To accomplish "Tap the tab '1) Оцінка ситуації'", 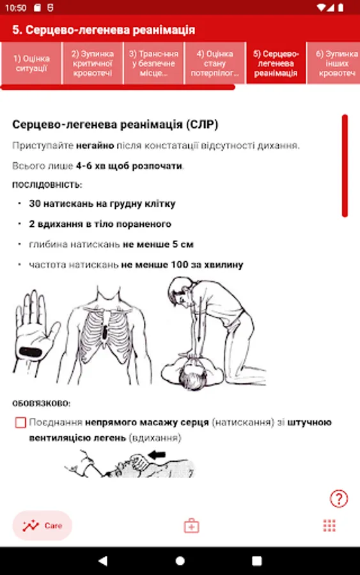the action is [x=31, y=63].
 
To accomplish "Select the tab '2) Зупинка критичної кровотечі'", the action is [x=93, y=63].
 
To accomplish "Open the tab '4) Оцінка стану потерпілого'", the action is [x=215, y=63].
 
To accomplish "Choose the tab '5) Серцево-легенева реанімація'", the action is [x=276, y=63].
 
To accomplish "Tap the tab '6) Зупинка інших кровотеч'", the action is [x=334, y=63].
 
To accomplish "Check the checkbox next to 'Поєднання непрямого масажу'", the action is [x=20, y=422].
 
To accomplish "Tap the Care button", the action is [x=42, y=526].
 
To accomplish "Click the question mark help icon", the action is [x=339, y=499].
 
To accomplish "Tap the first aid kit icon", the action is [x=191, y=526].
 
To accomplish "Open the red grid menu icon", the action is [x=329, y=526].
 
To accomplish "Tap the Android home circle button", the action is [x=180, y=561].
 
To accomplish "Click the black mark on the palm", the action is [x=31, y=353].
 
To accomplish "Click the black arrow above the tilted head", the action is [x=157, y=455].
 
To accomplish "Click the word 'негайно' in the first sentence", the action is [x=95, y=146].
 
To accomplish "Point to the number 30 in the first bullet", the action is [x=35, y=204].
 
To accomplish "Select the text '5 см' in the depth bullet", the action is [x=183, y=244].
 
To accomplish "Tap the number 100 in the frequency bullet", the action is [x=180, y=264].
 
